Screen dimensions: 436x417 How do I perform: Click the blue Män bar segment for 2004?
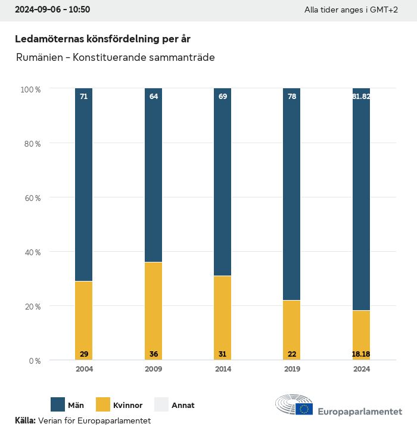[84, 185]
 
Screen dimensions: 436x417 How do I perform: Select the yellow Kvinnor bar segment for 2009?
[153, 310]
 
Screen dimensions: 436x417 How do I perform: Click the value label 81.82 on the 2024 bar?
[361, 96]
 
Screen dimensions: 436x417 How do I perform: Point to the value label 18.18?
[361, 354]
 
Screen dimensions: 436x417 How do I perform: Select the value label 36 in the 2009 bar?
[153, 354]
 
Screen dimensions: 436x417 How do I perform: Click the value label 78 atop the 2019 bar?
[292, 96]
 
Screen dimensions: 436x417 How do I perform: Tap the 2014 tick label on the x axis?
[223, 369]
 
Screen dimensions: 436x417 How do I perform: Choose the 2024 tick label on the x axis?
[361, 369]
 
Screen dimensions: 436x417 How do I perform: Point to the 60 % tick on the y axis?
[30, 197]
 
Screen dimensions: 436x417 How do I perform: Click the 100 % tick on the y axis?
[30, 89]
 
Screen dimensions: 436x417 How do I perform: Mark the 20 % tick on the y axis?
[30, 307]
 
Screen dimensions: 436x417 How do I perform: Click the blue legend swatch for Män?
[58, 404]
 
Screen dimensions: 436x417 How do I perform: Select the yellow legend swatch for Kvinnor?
[102, 404]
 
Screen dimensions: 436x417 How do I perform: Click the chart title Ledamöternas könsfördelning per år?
[102, 39]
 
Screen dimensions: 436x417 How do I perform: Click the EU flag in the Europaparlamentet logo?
[304, 409]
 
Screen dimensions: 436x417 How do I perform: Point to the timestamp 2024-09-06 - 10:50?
[52, 10]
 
